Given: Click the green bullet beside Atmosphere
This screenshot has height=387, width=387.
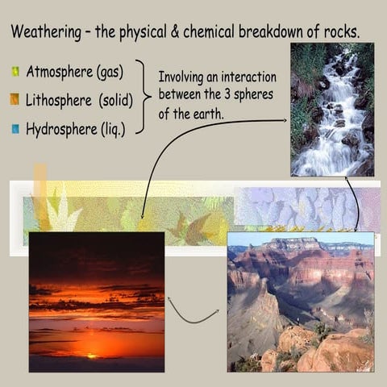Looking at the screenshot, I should coord(15,72).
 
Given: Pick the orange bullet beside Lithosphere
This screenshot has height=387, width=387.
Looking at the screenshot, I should coord(15,100).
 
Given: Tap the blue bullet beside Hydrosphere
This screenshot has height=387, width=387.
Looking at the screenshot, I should coord(15,127).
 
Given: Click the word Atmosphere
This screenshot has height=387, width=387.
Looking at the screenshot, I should coord(60,71).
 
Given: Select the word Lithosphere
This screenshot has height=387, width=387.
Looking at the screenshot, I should coord(60,99).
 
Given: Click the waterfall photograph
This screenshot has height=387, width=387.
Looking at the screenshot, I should coord(332,110).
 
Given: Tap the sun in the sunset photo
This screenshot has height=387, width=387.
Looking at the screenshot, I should coord(93,356).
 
